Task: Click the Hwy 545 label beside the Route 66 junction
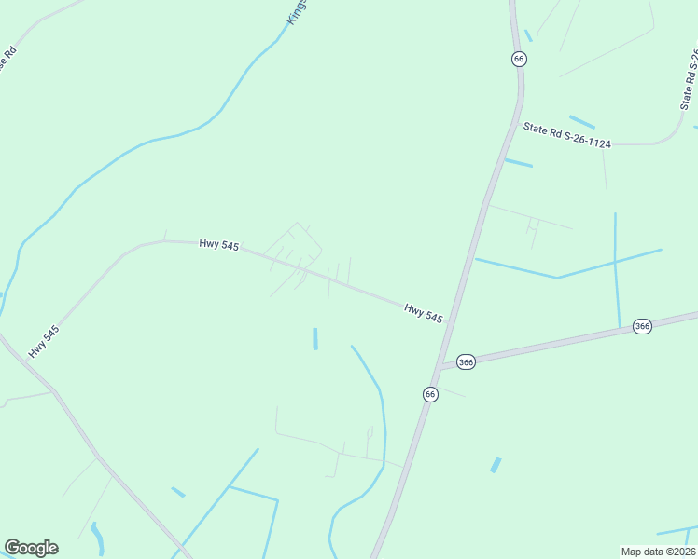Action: tap(423, 312)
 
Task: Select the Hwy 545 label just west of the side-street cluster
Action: tap(219, 245)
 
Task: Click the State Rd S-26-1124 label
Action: tap(566, 136)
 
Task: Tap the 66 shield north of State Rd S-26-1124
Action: tap(519, 59)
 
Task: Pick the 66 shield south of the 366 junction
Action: tap(429, 394)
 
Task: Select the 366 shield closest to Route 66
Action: tap(467, 361)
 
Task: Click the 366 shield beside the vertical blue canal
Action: tap(642, 326)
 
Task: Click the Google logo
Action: tap(31, 548)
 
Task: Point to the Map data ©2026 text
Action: tap(658, 551)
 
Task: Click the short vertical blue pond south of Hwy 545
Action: tap(315, 338)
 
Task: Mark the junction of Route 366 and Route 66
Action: tap(440, 366)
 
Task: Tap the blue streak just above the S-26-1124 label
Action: tap(581, 122)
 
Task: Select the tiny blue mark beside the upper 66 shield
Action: tap(528, 35)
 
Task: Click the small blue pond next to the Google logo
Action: tap(96, 537)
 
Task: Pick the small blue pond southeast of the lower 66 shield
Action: tap(496, 464)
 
